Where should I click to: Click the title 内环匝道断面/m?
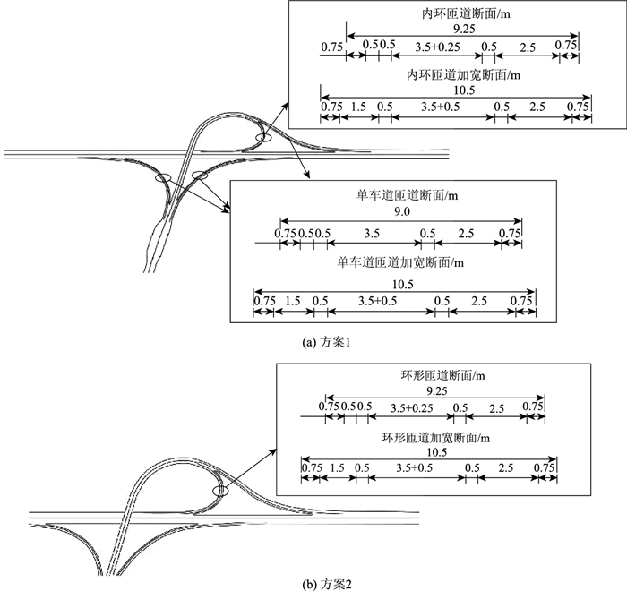pos(453,15)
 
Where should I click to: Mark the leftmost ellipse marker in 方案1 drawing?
pos(162,178)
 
